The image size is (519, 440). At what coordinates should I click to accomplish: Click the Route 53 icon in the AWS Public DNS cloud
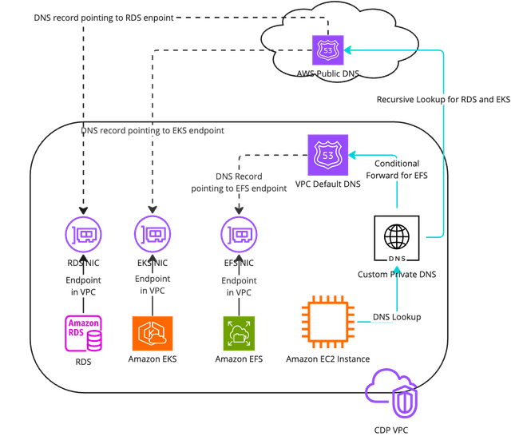tap(328, 50)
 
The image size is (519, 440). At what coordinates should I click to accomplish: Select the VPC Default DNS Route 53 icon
tap(327, 153)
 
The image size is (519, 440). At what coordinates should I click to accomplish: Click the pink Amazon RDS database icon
tap(84, 335)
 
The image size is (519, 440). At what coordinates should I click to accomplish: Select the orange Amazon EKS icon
tap(151, 335)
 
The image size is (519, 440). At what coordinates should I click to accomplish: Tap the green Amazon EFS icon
tap(238, 335)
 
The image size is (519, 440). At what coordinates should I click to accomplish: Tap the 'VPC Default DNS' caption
tap(327, 184)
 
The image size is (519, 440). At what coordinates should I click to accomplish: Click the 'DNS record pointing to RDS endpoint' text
tap(105, 16)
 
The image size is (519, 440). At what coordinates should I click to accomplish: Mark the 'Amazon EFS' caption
tap(238, 359)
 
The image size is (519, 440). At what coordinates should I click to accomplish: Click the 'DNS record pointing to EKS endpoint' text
tap(153, 129)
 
